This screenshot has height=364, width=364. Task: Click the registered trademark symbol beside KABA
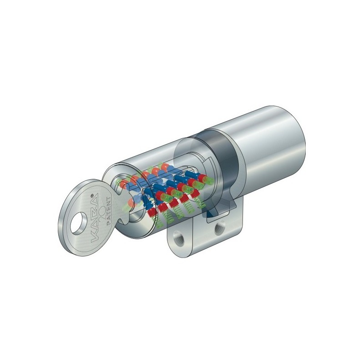92,195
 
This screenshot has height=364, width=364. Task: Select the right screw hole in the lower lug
219,228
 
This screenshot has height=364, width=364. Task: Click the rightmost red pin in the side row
202,178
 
